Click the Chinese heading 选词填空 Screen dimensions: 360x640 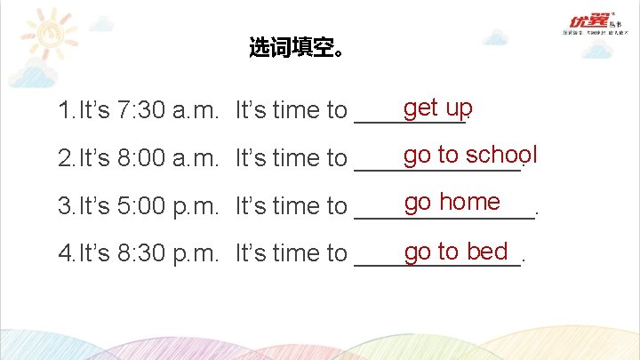coord(298,48)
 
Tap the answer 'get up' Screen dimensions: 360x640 coord(437,108)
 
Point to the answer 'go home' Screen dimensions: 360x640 coord(452,203)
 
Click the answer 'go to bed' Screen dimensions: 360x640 coord(455,251)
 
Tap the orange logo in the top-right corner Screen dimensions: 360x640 coord(590,21)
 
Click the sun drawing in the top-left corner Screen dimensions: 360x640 coord(41,33)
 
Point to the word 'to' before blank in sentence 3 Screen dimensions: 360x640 coord(337,206)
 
